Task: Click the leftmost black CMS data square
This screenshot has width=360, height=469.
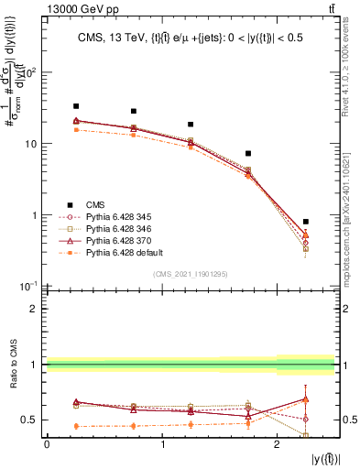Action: [x=76, y=106]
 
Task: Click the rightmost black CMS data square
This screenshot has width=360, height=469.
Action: [x=306, y=222]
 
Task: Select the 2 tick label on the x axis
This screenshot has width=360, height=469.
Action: [x=278, y=444]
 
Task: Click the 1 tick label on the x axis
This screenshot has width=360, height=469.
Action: [x=162, y=444]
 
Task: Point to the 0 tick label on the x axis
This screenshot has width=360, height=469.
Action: [x=47, y=444]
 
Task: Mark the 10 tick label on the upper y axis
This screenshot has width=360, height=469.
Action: [x=31, y=144]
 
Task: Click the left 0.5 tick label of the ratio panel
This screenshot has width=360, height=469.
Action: [x=31, y=420]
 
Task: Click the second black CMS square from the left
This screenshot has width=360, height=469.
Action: [x=134, y=111]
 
